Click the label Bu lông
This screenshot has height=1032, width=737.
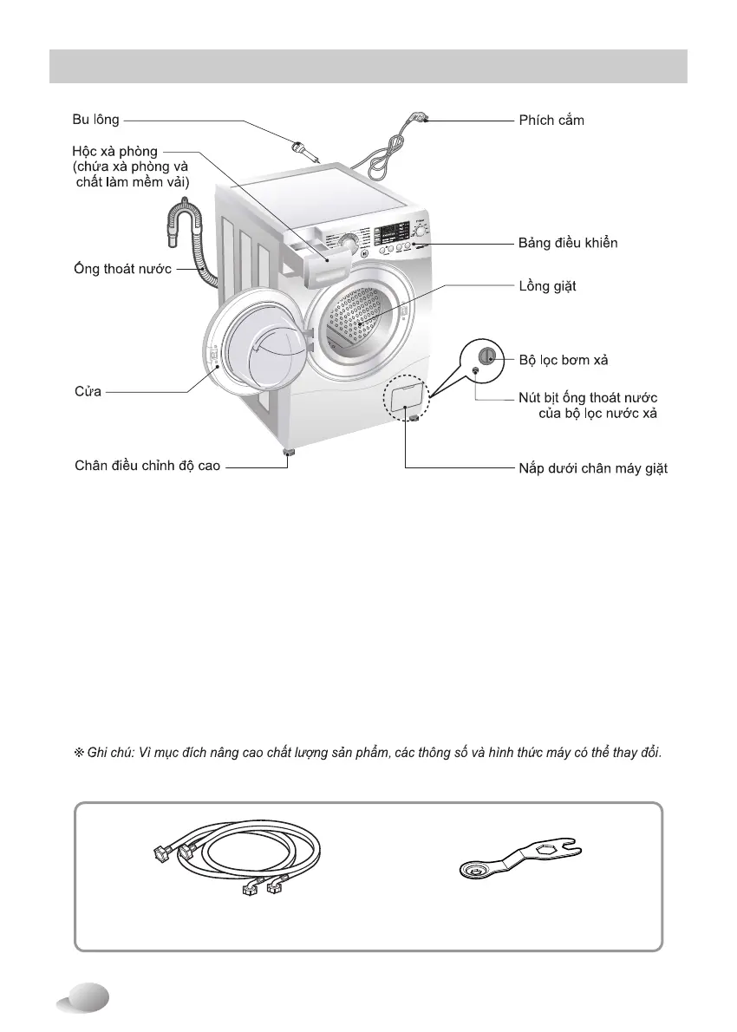[x=95, y=120]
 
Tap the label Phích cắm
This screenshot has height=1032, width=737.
[x=551, y=121]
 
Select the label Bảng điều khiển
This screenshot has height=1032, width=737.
[x=568, y=244]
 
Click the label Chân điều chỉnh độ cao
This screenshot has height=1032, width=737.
[x=147, y=467]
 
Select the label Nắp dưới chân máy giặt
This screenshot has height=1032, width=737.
[x=587, y=469]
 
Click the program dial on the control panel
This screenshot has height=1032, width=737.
[x=348, y=243]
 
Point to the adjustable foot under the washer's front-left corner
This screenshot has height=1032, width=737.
[x=287, y=453]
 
